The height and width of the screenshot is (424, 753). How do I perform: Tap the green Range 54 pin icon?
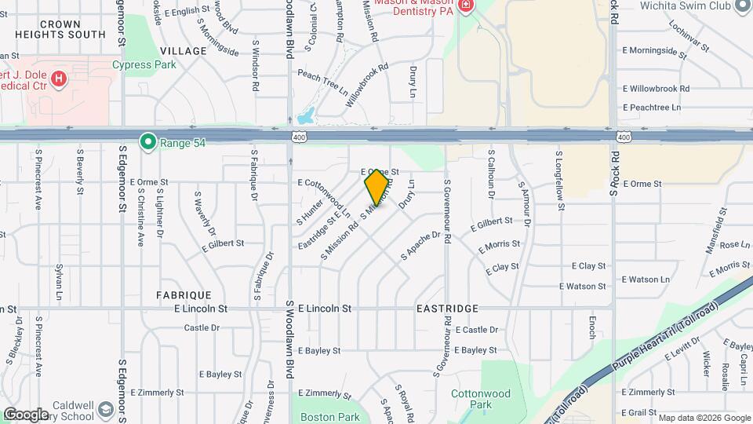tap(147, 142)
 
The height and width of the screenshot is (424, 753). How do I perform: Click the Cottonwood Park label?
tap(480, 399)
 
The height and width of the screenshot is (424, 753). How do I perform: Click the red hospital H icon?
tap(58, 79)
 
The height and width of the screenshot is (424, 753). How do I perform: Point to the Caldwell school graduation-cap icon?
tap(106, 411)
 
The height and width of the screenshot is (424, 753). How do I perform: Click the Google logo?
tap(26, 415)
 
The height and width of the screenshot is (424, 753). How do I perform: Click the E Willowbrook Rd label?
tap(656, 90)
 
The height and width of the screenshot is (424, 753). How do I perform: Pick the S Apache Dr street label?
tap(420, 245)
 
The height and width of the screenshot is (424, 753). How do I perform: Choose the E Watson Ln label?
tap(646, 280)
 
